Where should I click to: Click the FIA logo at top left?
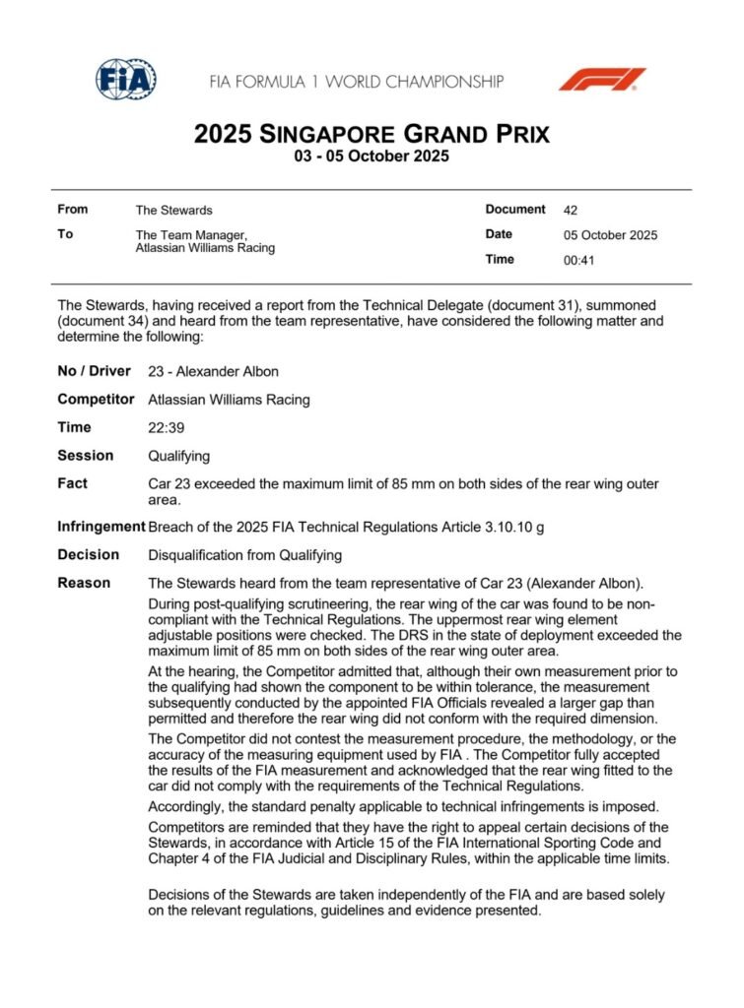click(125, 80)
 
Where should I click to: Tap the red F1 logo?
click(601, 79)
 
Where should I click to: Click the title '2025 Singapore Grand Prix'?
click(372, 134)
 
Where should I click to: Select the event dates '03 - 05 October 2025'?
click(372, 157)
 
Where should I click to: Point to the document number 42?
click(571, 210)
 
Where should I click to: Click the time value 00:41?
click(578, 261)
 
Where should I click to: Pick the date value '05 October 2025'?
click(610, 235)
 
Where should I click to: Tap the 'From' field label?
click(72, 209)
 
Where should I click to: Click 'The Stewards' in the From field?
click(173, 210)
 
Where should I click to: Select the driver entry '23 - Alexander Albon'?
click(213, 371)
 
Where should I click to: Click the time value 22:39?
click(165, 427)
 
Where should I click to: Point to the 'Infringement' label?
click(101, 526)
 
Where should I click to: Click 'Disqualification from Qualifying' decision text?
click(244, 554)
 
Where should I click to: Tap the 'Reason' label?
click(84, 583)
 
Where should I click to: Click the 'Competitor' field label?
click(96, 399)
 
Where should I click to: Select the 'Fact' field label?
click(72, 483)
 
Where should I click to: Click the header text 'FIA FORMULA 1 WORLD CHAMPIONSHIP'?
click(357, 81)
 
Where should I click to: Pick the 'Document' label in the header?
click(514, 209)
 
